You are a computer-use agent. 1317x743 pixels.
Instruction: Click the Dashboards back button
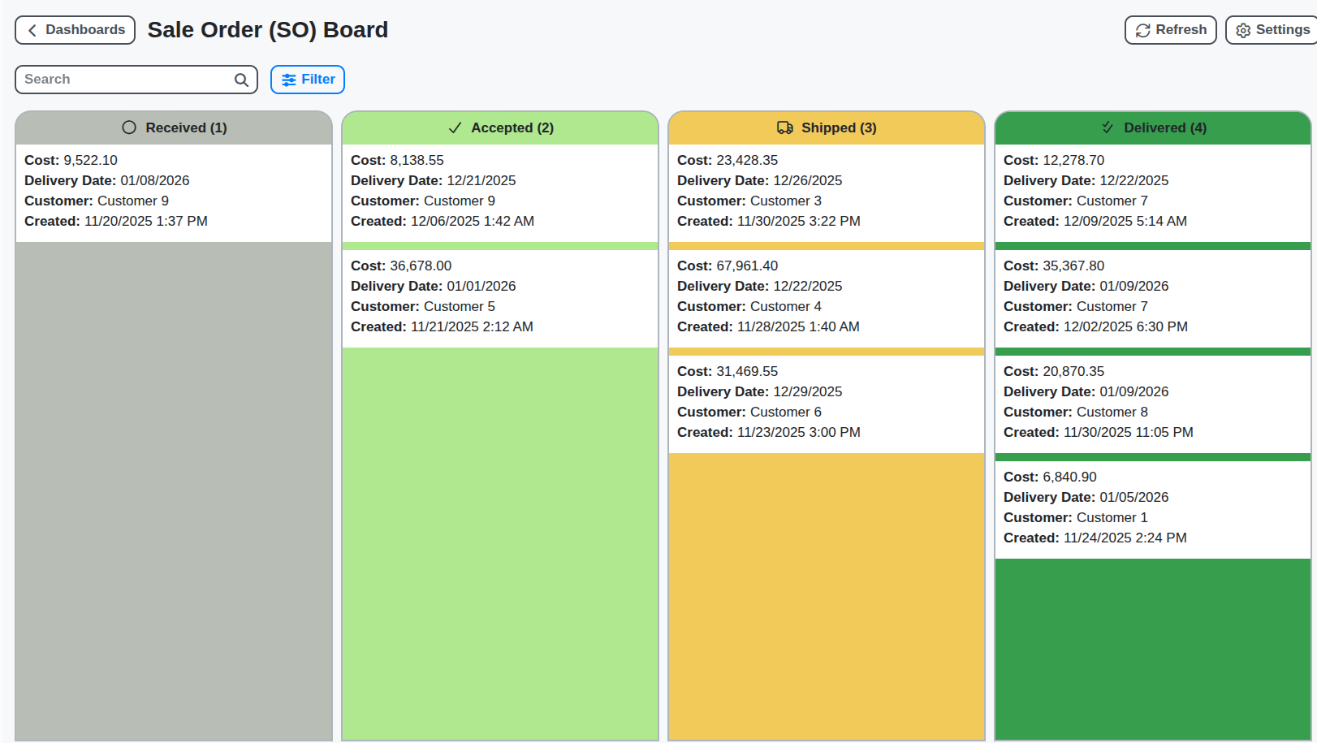click(x=75, y=30)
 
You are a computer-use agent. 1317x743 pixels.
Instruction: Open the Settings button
click(x=1272, y=30)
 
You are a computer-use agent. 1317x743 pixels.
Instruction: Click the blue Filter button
click(x=308, y=80)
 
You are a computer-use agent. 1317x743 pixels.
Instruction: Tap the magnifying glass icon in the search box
click(x=241, y=80)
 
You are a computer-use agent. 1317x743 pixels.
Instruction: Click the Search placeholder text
click(x=47, y=80)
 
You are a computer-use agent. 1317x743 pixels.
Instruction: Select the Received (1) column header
click(x=174, y=128)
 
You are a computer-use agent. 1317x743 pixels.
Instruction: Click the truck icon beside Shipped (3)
click(x=784, y=128)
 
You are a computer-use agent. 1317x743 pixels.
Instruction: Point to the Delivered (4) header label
click(x=1164, y=128)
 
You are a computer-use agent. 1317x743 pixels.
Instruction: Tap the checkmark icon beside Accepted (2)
click(x=455, y=128)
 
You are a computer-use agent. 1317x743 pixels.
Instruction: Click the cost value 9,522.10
click(x=90, y=161)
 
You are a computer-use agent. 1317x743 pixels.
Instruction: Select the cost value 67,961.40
click(x=746, y=266)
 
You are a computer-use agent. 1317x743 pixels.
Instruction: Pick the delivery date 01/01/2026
click(x=481, y=287)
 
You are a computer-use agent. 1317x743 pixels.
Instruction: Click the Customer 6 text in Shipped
click(x=785, y=413)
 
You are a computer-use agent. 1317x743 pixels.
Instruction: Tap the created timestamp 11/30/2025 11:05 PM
click(x=1128, y=433)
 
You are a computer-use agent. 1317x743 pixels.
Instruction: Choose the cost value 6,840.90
click(x=1069, y=477)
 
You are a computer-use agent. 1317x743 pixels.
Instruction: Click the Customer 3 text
click(x=785, y=201)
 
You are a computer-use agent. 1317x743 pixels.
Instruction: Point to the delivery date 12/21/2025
click(x=481, y=181)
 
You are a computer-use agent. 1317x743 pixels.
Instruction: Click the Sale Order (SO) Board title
click(x=267, y=30)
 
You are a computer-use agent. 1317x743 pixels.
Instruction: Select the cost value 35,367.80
click(x=1073, y=266)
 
